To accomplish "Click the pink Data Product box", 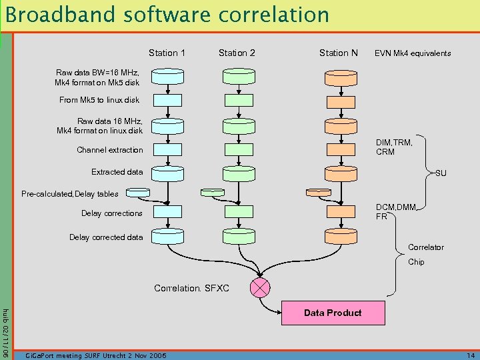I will coord(333,313).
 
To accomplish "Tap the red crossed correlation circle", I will coord(259,287).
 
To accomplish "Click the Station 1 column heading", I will coord(167,53).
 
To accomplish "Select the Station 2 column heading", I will coord(237,53).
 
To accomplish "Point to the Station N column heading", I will coord(338,53).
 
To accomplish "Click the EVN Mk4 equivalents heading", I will coord(413,53).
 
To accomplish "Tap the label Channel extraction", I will coord(109,150).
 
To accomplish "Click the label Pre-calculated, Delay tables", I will coord(70,194).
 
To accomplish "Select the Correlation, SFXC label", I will coord(191,289).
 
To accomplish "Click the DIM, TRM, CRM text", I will coord(394,147).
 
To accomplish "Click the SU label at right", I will coord(441,173).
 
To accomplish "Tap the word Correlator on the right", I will coord(425,247).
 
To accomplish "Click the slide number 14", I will coord(470,355).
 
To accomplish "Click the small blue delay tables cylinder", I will coord(138,192).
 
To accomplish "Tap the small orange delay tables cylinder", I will coord(314,192).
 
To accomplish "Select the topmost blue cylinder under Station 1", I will coord(167,77).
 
